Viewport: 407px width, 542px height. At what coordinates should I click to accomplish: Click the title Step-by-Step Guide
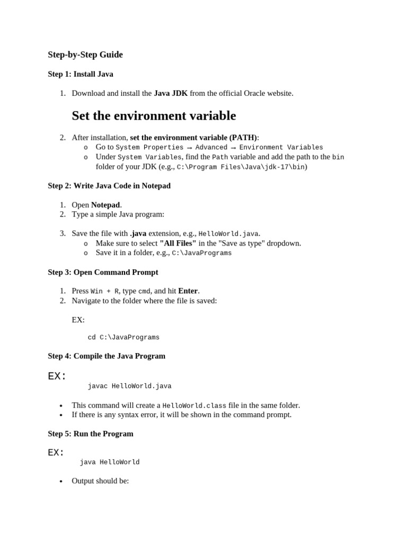pos(85,55)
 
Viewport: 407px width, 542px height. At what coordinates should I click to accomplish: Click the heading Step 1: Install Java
pos(80,74)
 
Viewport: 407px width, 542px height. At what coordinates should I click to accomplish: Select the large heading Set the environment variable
pos(154,115)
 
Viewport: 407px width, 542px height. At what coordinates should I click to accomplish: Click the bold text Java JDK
pos(171,93)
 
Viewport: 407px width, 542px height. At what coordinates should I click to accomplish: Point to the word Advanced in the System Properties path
pos(211,148)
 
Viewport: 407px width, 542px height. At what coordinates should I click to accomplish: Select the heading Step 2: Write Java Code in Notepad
pos(109,186)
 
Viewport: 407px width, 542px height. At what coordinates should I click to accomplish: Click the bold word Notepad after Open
pos(105,205)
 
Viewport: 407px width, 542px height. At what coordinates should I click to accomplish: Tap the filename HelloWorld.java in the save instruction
pos(228,234)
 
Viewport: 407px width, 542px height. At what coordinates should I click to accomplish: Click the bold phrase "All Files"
pos(178,243)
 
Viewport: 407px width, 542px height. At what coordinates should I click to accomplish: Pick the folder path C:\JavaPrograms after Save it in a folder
pos(201,254)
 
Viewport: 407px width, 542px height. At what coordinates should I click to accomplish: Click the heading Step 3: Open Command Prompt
pos(103,272)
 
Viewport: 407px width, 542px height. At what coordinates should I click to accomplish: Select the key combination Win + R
pos(104,291)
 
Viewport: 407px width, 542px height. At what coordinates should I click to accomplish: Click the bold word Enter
pos(188,291)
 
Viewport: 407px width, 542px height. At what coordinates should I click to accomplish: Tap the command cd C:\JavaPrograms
pos(123,338)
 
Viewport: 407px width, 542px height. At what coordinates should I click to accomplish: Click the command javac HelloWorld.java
pos(129,386)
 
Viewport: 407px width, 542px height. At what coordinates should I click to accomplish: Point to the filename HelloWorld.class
pos(194,406)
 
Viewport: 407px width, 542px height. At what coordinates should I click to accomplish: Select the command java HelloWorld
pos(110,463)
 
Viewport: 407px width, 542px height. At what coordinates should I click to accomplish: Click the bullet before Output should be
pos(61,482)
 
